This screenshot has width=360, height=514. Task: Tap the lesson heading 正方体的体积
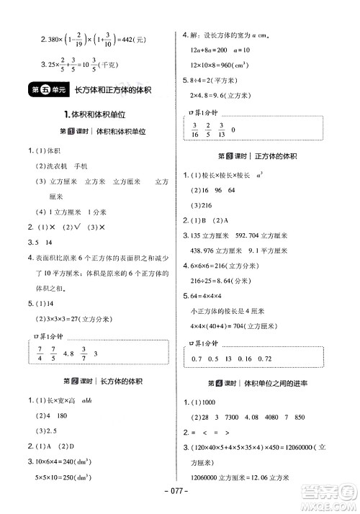pyautogui.click(x=271, y=155)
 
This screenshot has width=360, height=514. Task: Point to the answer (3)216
pyautogui.click(x=201, y=205)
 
